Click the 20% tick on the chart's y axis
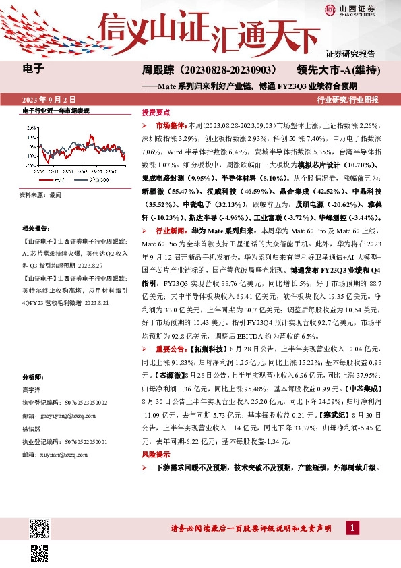point(31,126)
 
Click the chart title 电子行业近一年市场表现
point(57,111)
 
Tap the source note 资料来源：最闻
point(41,194)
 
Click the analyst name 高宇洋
point(32,389)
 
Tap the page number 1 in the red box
point(352,527)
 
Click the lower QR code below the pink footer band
point(38,554)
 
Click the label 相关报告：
point(34,229)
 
